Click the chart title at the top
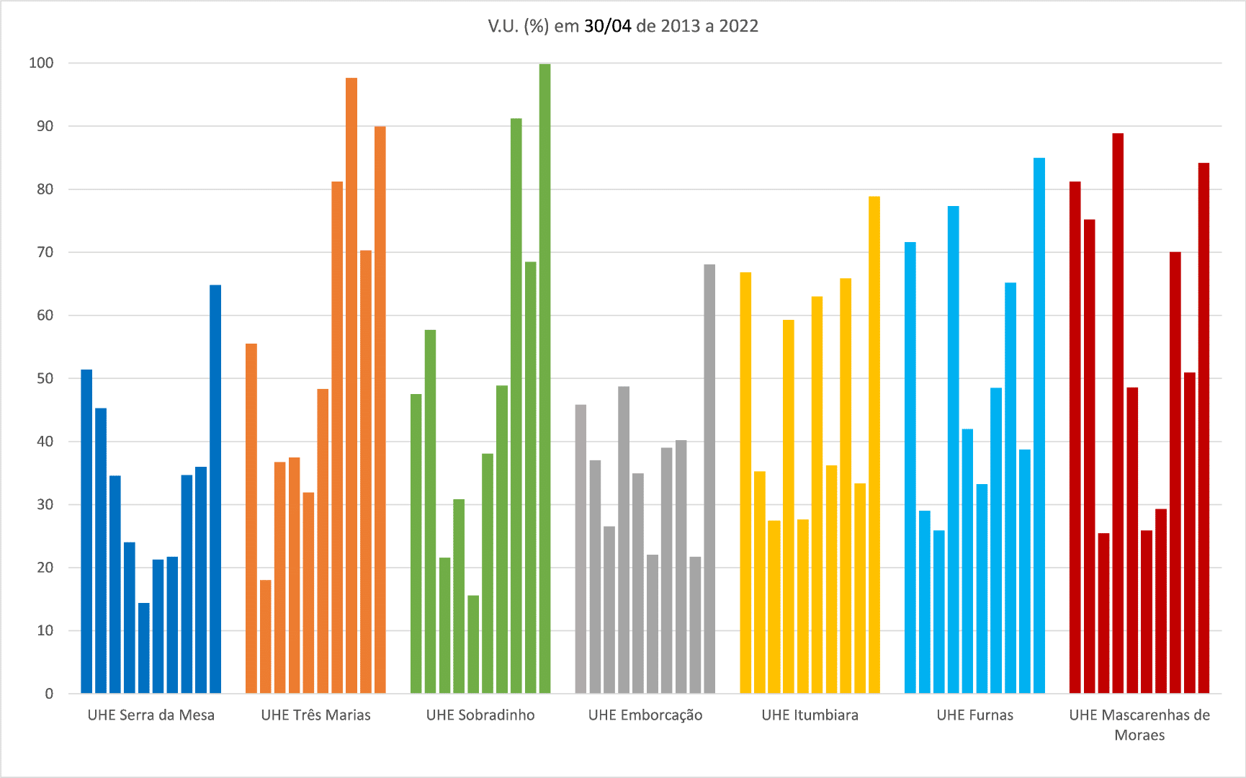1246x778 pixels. click(623, 26)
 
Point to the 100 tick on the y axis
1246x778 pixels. click(41, 63)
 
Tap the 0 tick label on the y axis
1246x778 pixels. click(49, 694)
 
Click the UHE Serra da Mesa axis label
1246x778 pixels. click(151, 715)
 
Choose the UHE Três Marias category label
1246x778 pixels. click(315, 715)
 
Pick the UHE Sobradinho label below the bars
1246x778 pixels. click(480, 715)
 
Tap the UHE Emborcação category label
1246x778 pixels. click(645, 715)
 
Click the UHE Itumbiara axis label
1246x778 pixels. click(810, 715)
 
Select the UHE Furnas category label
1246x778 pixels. click(974, 715)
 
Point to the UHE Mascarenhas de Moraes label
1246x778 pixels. click(1139, 725)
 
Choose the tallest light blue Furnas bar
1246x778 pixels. click(1039, 425)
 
